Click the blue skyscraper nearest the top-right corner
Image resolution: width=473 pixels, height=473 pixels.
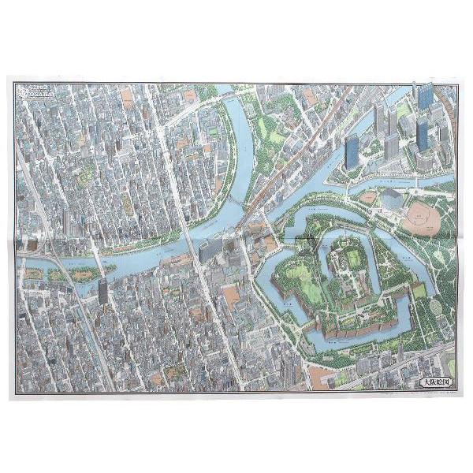tap(426, 95)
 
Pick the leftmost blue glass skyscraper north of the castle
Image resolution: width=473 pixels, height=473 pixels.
tap(352, 151)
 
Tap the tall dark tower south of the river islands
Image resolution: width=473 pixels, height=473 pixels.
tap(102, 291)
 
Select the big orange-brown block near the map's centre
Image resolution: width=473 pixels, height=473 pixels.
tap(231, 296)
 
